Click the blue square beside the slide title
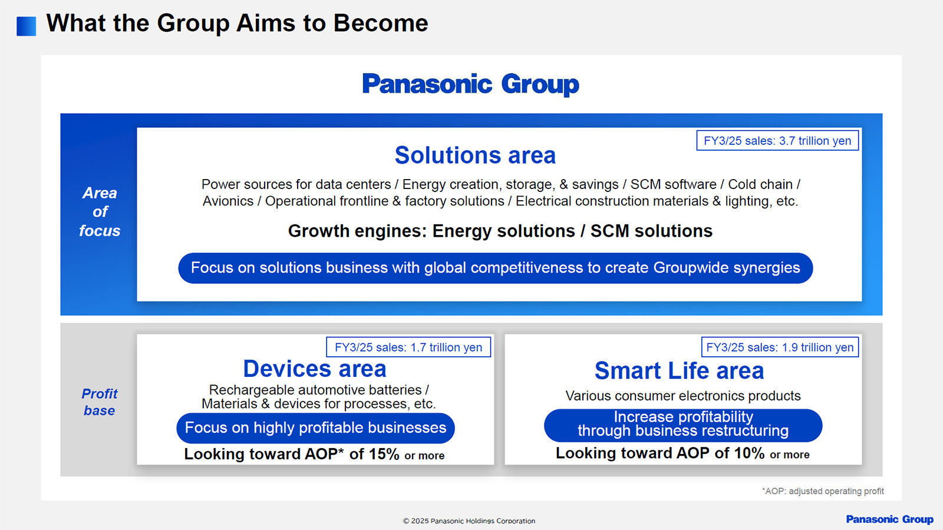(x=26, y=26)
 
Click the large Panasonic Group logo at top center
(x=471, y=84)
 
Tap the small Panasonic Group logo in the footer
(x=889, y=519)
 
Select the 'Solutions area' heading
(x=475, y=155)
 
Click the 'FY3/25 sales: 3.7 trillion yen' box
(x=777, y=141)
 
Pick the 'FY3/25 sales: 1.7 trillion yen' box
(x=408, y=347)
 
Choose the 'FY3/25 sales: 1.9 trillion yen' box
(x=780, y=347)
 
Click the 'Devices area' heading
(x=315, y=369)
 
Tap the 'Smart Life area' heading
(x=679, y=370)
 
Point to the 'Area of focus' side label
(x=100, y=211)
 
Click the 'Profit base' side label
(x=100, y=402)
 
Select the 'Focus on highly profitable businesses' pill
(x=315, y=428)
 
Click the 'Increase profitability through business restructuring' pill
(x=683, y=425)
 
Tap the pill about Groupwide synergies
(x=496, y=268)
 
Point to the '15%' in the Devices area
(x=384, y=454)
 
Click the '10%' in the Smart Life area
(x=749, y=453)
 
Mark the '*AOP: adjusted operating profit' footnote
(x=823, y=491)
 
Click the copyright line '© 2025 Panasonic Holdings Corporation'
(x=469, y=521)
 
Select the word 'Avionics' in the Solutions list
(x=227, y=201)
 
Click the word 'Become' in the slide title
(x=381, y=23)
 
